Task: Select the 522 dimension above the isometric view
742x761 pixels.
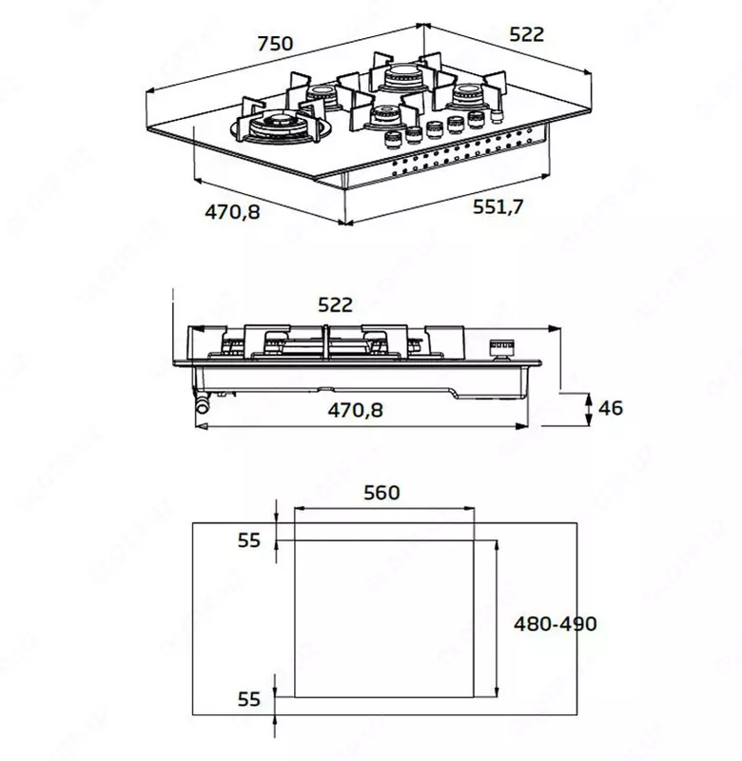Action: (x=526, y=34)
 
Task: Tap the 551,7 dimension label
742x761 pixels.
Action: (x=498, y=205)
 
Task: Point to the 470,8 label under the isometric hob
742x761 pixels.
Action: (x=232, y=211)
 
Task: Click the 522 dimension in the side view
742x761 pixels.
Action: (x=335, y=304)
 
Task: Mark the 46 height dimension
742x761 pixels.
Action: (x=610, y=407)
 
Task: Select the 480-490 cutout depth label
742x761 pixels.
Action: (x=555, y=624)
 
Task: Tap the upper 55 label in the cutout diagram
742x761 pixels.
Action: (x=248, y=539)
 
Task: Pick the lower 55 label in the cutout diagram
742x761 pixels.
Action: (x=248, y=699)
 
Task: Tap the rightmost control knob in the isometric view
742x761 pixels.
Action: (x=496, y=116)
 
